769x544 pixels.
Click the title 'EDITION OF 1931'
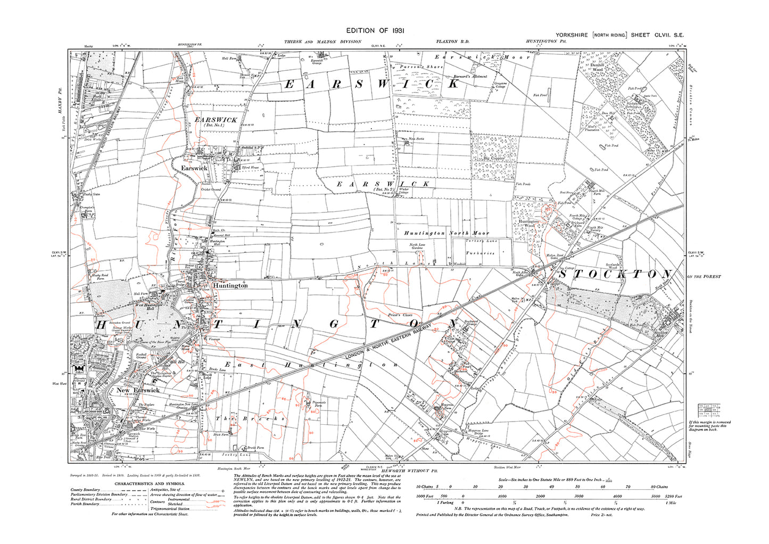coord(375,31)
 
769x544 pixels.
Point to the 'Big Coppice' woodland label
coord(493,158)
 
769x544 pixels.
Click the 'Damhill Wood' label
coord(597,67)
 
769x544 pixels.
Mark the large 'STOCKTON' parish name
coord(615,274)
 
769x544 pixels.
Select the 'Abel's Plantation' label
coord(592,128)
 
